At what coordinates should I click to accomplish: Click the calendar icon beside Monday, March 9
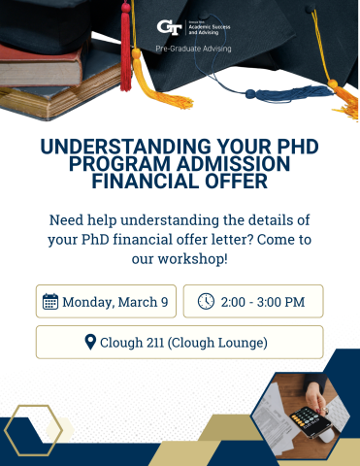click(x=50, y=302)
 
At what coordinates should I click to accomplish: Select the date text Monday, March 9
click(x=115, y=302)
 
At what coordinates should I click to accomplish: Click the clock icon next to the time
click(x=206, y=302)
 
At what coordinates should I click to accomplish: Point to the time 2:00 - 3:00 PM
click(x=263, y=302)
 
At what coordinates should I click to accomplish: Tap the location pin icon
click(x=90, y=343)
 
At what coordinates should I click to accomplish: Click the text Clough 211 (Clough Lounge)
click(x=183, y=343)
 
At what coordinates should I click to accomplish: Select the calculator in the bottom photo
click(x=310, y=419)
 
